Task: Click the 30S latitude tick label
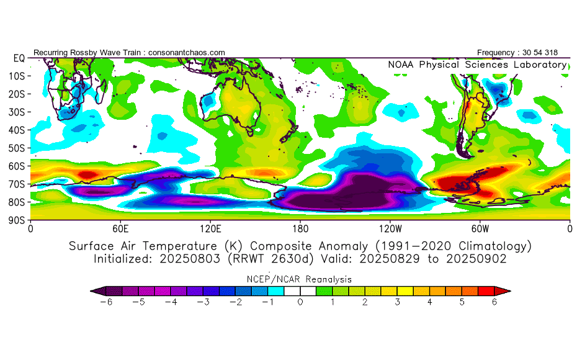click(17, 112)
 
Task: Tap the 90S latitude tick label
click(17, 220)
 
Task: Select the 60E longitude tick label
click(120, 228)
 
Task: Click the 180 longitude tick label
click(300, 228)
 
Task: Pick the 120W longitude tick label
click(390, 228)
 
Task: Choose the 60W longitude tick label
click(480, 228)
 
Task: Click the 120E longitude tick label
click(210, 228)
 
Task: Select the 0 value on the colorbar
click(300, 302)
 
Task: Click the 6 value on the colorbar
click(494, 302)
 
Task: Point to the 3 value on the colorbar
click(397, 302)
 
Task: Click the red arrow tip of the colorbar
click(506, 290)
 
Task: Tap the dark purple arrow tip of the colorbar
click(94, 290)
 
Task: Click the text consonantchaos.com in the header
click(186, 53)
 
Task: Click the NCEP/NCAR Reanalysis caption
click(300, 279)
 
